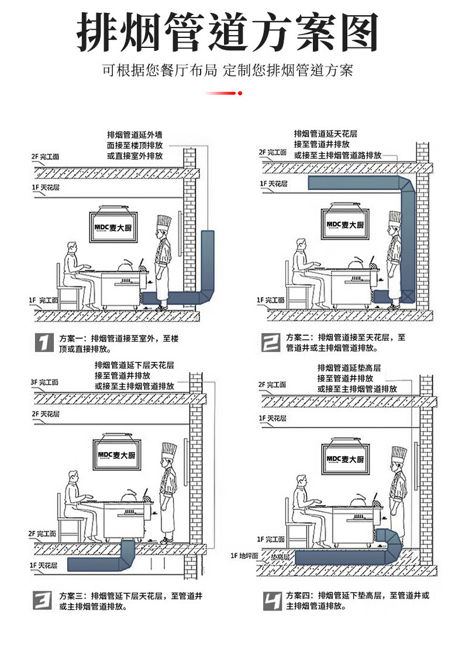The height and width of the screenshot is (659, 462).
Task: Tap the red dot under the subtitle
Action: point(240,93)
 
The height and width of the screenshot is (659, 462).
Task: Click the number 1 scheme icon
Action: point(44,343)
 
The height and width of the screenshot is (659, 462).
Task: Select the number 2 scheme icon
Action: point(270,343)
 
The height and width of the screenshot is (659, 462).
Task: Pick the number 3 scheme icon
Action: point(44,601)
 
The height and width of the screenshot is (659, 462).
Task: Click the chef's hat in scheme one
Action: point(164,223)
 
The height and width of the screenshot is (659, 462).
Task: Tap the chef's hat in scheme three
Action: point(168,451)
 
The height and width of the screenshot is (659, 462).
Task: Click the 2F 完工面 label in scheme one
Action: point(45,157)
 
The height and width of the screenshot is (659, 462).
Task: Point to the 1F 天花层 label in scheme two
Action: point(274,184)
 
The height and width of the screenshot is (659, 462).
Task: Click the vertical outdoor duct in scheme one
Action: point(208,260)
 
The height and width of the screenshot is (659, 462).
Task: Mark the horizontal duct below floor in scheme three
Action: point(96,564)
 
